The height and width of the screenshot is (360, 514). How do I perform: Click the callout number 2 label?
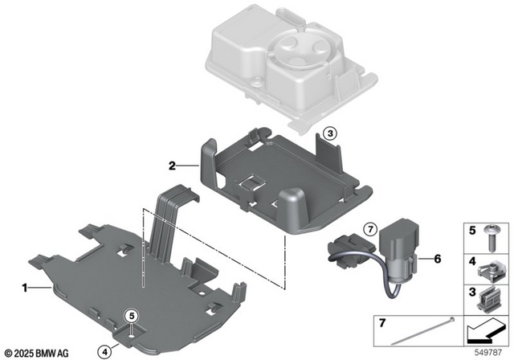click(x=171, y=166)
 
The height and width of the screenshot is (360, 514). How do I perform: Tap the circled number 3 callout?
click(x=328, y=133)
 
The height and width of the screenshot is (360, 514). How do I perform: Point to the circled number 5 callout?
click(x=135, y=317)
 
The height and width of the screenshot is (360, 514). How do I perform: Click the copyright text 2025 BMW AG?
click(x=39, y=352)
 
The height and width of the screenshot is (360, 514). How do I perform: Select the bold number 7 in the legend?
click(x=382, y=323)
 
